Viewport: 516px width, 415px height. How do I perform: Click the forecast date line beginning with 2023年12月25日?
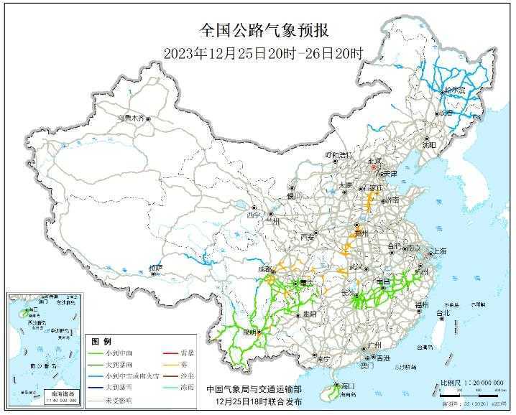(263, 52)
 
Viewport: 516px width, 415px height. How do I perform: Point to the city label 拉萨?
(156, 268)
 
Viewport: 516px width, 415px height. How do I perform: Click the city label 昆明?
(250, 332)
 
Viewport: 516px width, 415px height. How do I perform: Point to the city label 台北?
(443, 313)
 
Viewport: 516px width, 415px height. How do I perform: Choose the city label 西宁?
(254, 215)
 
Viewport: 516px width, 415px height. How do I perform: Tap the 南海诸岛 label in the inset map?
(53, 393)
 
